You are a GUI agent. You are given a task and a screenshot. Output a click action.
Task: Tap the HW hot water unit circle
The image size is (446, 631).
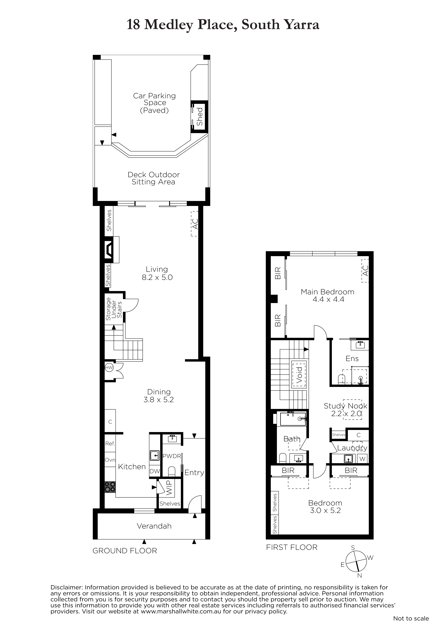(109, 367)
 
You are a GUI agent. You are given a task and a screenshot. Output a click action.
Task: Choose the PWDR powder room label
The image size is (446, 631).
(172, 456)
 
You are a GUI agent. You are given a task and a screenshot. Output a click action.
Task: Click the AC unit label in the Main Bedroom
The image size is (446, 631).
(365, 270)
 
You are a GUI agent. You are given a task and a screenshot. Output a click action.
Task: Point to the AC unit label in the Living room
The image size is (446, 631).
(195, 224)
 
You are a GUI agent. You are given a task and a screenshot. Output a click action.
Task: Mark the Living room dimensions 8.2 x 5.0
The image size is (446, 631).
(157, 277)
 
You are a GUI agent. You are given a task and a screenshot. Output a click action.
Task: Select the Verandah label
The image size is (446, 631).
(154, 526)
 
